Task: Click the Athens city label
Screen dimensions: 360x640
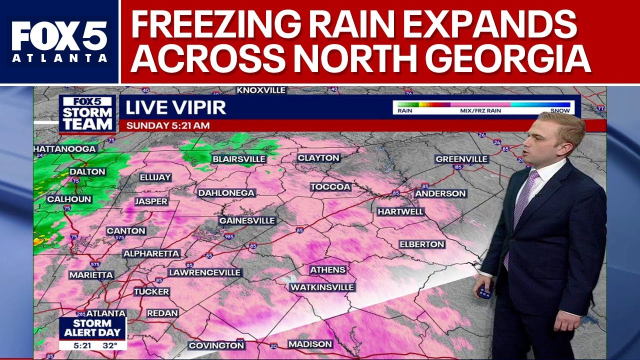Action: (328, 270)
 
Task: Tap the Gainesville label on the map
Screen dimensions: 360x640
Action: (247, 220)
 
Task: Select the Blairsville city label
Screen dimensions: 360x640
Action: (239, 159)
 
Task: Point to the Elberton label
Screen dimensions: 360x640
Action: (421, 244)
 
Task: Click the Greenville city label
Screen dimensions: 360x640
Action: (461, 159)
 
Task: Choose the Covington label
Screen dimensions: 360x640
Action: (216, 345)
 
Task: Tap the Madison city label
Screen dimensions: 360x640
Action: (310, 344)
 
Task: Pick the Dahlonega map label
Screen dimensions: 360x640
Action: (226, 193)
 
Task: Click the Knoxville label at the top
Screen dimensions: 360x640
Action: (261, 90)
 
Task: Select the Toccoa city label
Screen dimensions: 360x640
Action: (330, 187)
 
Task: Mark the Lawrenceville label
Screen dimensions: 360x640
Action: (205, 272)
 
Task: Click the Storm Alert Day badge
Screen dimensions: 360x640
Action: (92, 328)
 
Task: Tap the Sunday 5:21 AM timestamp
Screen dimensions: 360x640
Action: (167, 125)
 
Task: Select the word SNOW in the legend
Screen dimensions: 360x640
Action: (560, 111)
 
